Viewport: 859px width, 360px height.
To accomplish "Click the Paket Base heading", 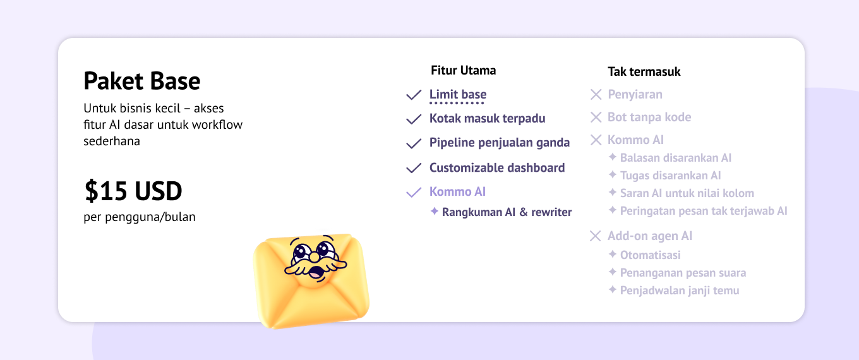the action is tap(142, 81).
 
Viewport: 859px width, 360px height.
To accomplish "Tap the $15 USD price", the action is tap(133, 191).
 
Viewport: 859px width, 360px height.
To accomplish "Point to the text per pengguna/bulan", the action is tap(140, 217).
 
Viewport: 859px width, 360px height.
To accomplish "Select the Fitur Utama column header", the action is tap(463, 70).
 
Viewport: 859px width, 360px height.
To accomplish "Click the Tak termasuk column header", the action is tap(644, 71).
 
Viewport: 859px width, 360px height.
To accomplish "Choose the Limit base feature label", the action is tap(458, 94).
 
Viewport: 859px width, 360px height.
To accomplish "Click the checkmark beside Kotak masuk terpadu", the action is tap(414, 119).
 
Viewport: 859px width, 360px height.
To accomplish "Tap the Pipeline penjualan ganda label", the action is tap(499, 143).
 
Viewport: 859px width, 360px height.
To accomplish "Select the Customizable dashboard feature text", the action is tap(497, 167).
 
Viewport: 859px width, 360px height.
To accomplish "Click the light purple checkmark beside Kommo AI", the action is tap(414, 192).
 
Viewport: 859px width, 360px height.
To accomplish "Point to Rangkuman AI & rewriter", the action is tap(507, 212).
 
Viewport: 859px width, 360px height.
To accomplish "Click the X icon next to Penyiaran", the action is tap(596, 94).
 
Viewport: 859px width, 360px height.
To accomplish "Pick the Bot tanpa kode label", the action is tap(649, 117).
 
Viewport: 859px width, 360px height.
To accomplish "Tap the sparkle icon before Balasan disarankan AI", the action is tap(613, 157).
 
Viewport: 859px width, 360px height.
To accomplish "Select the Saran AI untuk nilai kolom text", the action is tap(687, 193).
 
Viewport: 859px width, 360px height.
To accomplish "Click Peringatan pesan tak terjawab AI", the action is tap(704, 211).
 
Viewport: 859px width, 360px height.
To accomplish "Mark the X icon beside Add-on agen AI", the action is tap(595, 236).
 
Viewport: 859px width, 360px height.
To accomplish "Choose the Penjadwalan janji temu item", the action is tap(680, 291).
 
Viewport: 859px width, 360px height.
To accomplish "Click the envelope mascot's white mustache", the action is tap(315, 265).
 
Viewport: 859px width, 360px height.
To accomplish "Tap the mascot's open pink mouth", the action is tap(316, 273).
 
